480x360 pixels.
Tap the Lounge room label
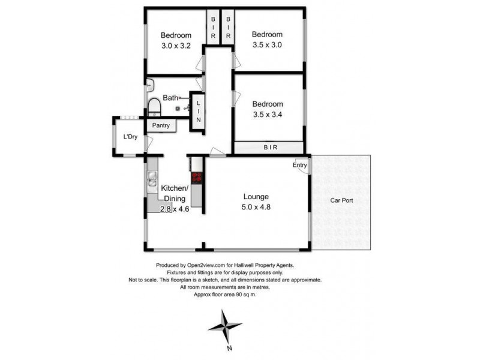point(256,197)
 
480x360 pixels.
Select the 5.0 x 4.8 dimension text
point(256,208)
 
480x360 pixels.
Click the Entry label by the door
point(300,165)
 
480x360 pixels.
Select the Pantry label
point(161,126)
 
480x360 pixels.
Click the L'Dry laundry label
point(130,137)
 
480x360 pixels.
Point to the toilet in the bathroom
point(154,107)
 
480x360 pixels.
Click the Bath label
point(170,98)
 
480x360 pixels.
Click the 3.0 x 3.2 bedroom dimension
point(176,45)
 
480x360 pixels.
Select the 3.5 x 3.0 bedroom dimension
point(267,44)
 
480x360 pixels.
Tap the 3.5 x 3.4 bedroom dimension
point(267,115)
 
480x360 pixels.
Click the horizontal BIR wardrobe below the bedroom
point(268,147)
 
